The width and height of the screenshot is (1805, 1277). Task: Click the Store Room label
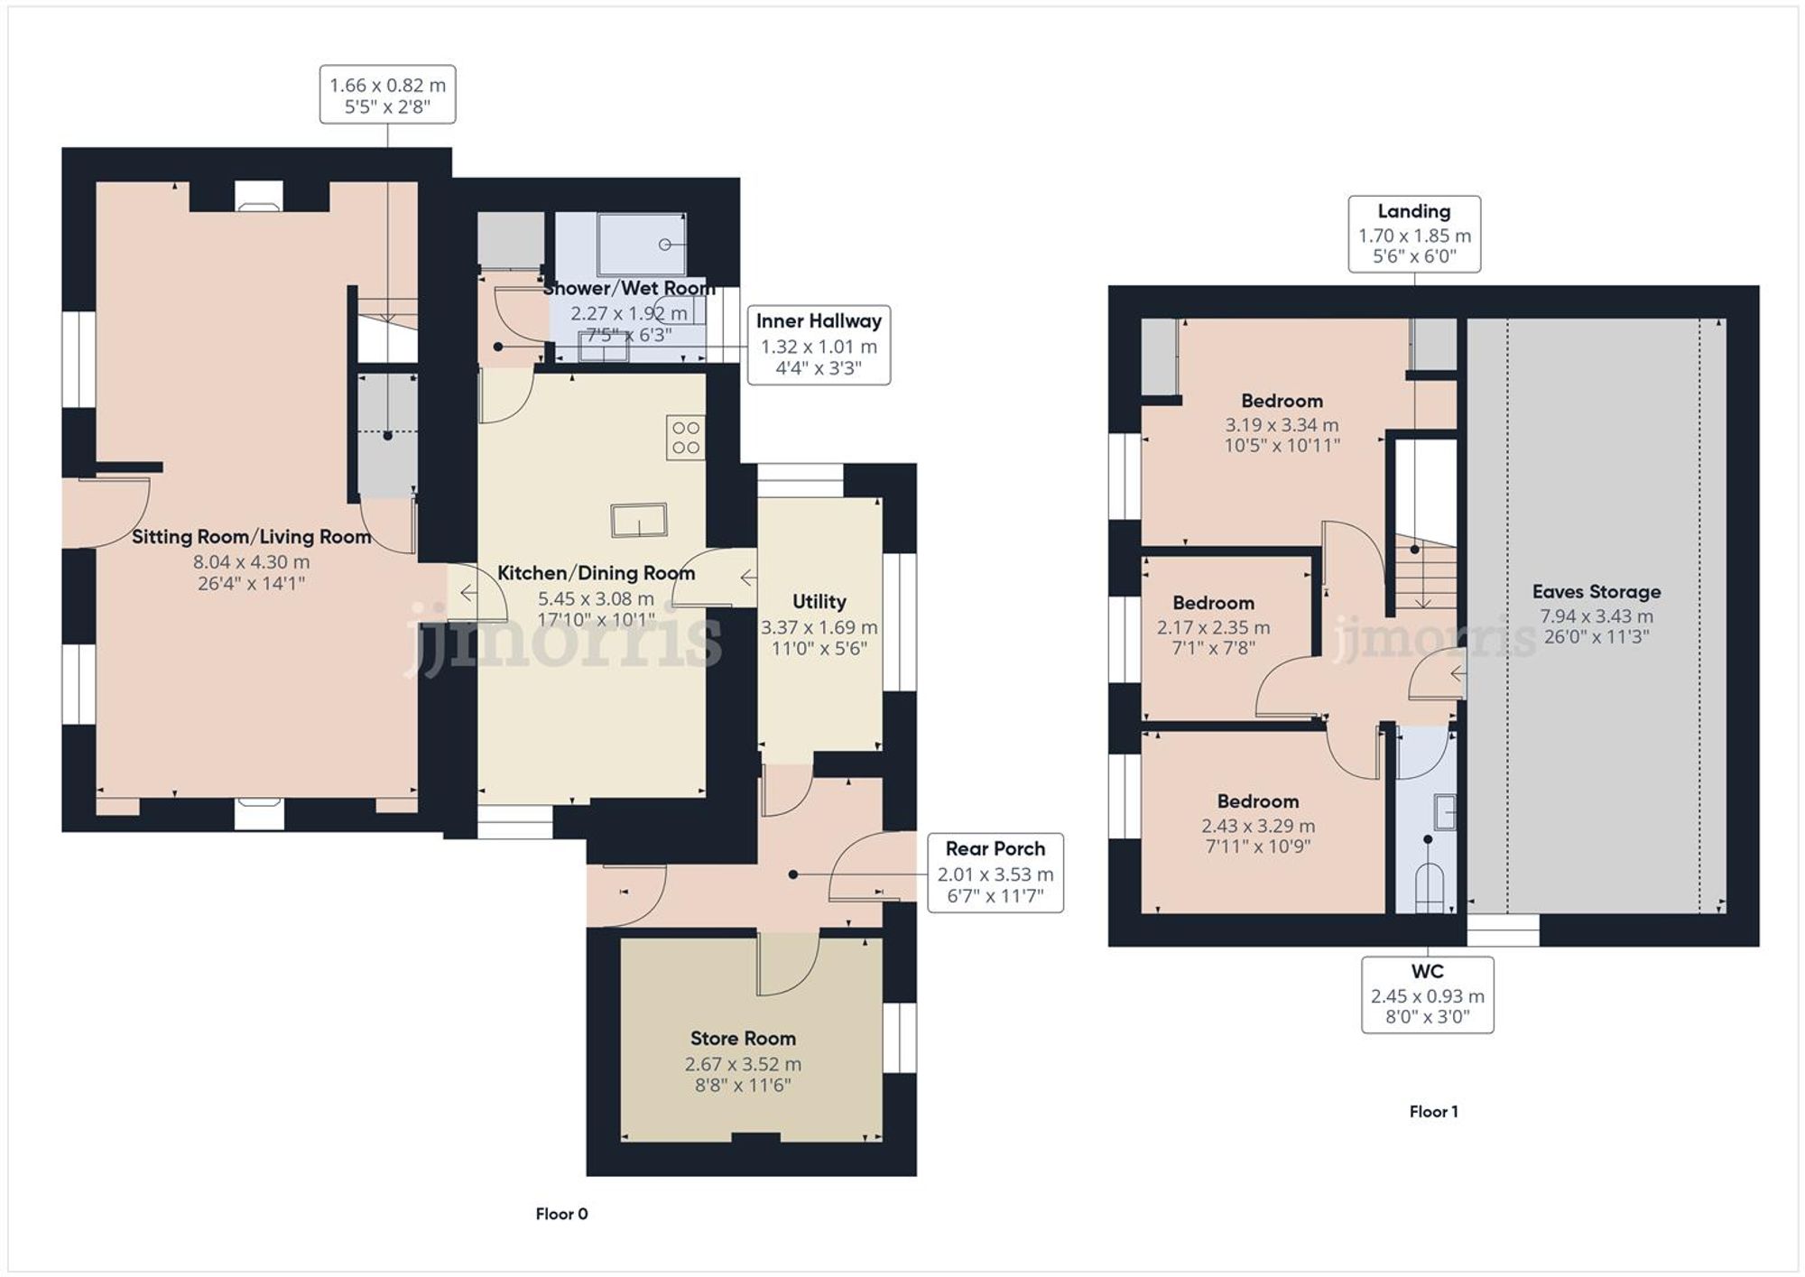pos(742,1038)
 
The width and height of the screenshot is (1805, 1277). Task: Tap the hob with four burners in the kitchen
pos(685,438)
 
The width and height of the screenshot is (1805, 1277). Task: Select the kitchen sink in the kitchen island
pos(639,521)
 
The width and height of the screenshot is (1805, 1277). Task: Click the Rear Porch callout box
pos(995,872)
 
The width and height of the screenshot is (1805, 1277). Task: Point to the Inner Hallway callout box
pos(819,345)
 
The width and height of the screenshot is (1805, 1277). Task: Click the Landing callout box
pos(1413,234)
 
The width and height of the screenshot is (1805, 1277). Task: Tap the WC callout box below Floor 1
pos(1427,995)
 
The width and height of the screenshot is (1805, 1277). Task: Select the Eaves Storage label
pos(1596,592)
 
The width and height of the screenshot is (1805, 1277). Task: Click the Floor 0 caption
pos(561,1214)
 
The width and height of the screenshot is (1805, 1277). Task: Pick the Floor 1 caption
pos(1433,1112)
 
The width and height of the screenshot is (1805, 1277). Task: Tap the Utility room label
pos(819,602)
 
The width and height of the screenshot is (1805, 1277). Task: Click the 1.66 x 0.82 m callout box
pos(387,95)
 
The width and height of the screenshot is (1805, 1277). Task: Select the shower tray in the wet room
pos(642,243)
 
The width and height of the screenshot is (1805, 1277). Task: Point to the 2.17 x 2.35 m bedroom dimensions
pos(1213,627)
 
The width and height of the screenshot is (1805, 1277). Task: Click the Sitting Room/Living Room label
pos(251,537)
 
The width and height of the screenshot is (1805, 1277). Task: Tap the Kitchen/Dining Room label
pos(596,573)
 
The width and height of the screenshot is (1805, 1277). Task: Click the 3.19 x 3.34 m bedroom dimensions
pos(1281,425)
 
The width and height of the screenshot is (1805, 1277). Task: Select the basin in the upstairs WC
pos(1445,811)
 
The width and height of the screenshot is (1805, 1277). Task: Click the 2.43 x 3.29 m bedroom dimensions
pos(1257,826)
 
